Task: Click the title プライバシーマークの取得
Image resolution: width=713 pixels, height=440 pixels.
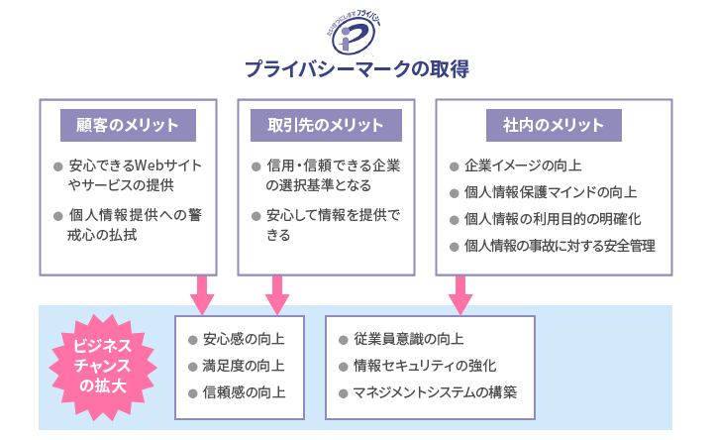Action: coord(356,70)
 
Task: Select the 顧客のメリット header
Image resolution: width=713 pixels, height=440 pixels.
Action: coord(128,125)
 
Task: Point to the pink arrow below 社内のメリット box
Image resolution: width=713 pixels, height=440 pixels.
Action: coord(459,293)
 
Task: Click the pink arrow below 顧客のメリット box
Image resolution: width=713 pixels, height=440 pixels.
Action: coord(202,293)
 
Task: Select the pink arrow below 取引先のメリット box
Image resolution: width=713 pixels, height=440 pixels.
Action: coord(276,293)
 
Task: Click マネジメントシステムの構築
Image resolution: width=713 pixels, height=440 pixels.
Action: coord(435,391)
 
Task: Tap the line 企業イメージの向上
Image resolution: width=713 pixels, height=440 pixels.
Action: coord(522,165)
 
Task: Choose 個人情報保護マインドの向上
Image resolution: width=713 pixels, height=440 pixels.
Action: coord(551,192)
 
